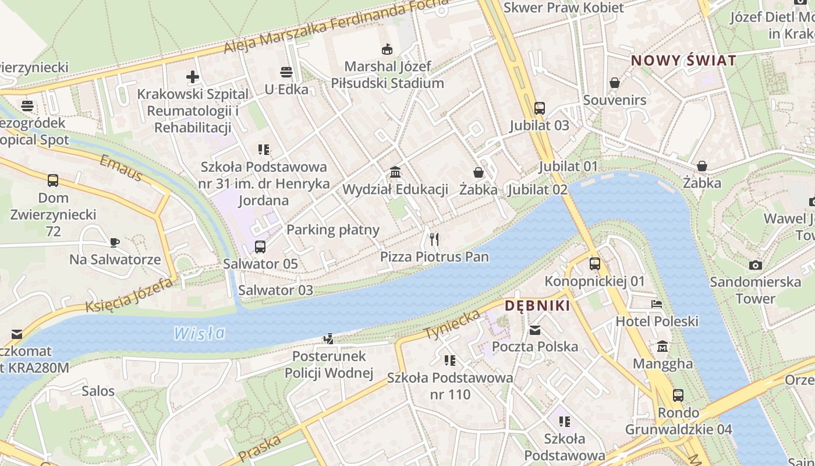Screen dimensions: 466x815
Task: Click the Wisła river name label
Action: [x=199, y=333]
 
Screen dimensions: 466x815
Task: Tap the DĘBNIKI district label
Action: [x=537, y=305]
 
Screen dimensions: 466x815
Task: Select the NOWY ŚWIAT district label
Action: [x=683, y=60]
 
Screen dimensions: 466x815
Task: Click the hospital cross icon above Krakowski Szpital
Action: [x=193, y=76]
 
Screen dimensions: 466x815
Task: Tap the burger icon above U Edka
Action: [x=286, y=72]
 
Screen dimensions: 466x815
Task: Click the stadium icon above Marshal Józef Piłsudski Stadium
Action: [x=387, y=49]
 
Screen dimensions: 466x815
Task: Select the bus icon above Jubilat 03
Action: [x=539, y=108]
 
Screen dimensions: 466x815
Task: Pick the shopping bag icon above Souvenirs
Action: [x=614, y=83]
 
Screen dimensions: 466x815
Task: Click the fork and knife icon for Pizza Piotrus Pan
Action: [x=434, y=239]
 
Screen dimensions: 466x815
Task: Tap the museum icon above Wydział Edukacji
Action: [x=395, y=172]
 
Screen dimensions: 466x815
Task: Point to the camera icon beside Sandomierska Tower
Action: [x=755, y=265]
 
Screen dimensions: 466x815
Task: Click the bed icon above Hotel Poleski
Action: [x=657, y=303]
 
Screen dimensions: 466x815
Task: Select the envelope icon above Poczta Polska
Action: [x=534, y=330]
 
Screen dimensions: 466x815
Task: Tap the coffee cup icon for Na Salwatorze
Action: [x=115, y=242]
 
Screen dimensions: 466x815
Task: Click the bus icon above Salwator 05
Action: [x=260, y=246]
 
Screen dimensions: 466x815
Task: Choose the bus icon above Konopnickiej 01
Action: [x=594, y=263]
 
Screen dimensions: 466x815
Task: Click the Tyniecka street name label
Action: [x=453, y=324]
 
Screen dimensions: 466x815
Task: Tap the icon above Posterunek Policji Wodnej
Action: [x=329, y=338]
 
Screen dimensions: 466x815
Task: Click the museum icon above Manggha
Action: [x=662, y=347]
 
